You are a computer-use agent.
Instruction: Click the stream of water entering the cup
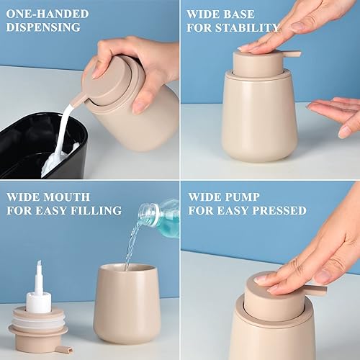pyautogui.click(x=130, y=248)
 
